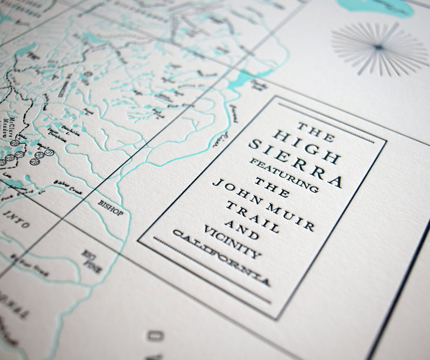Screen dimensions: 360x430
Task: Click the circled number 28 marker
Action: [14, 143]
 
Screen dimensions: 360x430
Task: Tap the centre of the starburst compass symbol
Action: [378, 48]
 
